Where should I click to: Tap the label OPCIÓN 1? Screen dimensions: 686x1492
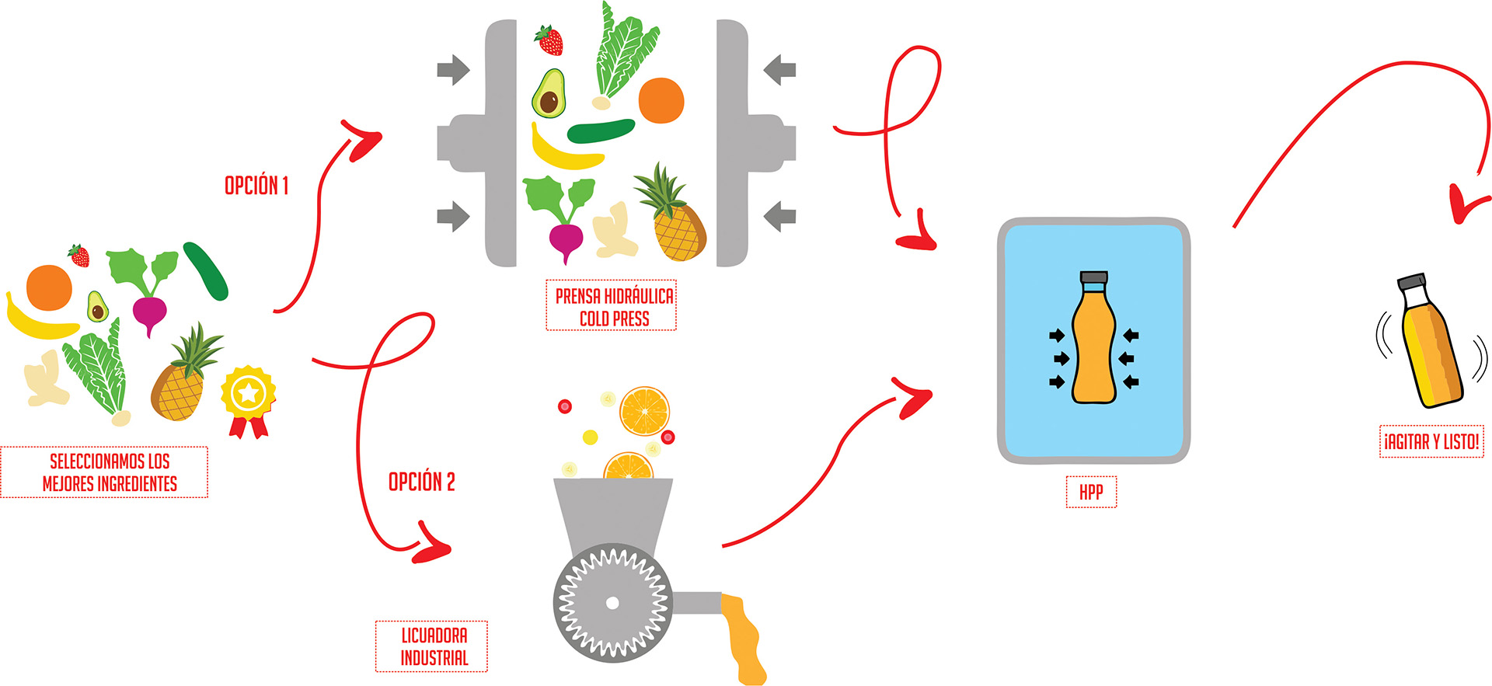(256, 186)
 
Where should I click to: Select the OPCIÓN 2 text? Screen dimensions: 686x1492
(421, 482)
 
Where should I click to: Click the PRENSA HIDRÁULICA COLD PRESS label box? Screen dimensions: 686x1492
(612, 306)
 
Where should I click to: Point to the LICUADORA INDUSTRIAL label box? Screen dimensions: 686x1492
(433, 646)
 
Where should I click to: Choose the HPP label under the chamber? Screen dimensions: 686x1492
(1091, 492)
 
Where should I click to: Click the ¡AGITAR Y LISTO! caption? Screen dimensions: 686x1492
(1431, 442)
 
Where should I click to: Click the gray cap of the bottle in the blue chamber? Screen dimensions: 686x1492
(1093, 277)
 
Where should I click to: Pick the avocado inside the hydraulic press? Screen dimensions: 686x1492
(549, 94)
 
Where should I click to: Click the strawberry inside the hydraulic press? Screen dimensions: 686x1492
(549, 40)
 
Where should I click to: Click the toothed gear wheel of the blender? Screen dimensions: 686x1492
(612, 603)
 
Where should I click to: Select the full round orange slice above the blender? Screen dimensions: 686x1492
(644, 411)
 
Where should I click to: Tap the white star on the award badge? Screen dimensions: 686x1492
(248, 393)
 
